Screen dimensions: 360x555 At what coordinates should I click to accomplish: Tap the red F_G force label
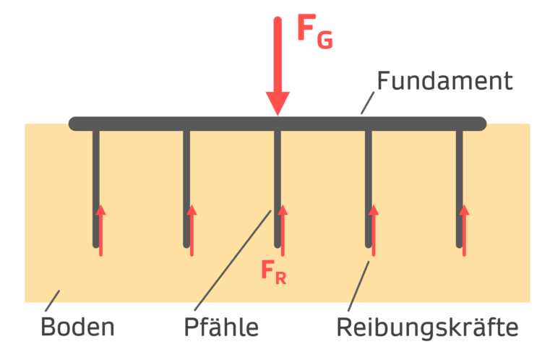coord(315,30)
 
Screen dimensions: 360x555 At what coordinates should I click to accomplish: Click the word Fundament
coord(444,80)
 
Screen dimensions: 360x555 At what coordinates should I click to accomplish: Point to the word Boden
coord(77,327)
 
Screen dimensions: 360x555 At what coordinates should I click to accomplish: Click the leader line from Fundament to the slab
coord(369,103)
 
